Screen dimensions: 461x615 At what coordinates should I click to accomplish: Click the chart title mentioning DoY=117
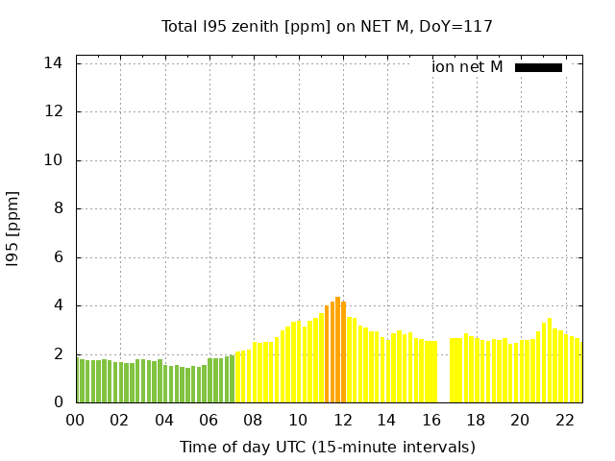[327, 26]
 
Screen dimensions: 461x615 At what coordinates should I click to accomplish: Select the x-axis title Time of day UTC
[327, 447]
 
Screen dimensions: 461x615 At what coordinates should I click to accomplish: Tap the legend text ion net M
[467, 67]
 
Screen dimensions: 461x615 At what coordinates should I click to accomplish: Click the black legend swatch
[538, 67]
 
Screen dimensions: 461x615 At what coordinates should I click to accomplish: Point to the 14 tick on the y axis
[53, 62]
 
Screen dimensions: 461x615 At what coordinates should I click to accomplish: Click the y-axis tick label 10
[53, 160]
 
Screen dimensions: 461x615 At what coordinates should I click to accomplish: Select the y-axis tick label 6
[58, 257]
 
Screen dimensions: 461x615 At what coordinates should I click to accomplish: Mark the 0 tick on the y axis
[58, 402]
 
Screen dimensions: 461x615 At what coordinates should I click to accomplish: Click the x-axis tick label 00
[75, 421]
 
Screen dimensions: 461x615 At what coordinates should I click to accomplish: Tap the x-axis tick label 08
[253, 421]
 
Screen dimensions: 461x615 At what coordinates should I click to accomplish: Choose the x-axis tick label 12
[342, 421]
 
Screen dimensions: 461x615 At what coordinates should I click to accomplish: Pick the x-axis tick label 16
[430, 421]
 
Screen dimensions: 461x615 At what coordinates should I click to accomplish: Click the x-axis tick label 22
[564, 421]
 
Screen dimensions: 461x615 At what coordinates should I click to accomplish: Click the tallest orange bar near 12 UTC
[338, 351]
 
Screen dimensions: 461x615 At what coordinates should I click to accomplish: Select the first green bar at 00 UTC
[78, 380]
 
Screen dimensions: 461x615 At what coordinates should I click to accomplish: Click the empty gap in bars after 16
[444, 375]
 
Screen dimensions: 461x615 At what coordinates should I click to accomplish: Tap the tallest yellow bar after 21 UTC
[550, 360]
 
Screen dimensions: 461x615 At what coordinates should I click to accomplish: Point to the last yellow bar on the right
[579, 371]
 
